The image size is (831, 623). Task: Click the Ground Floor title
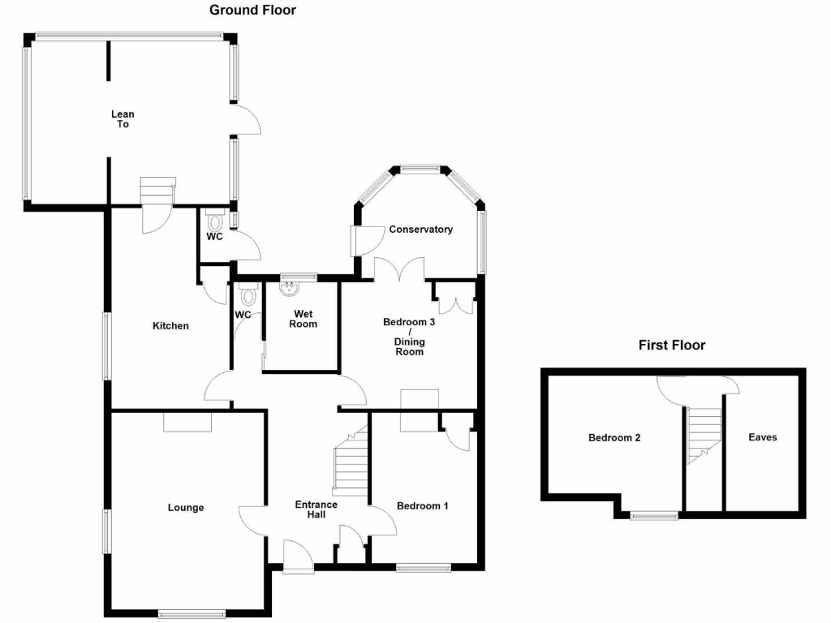pyautogui.click(x=252, y=11)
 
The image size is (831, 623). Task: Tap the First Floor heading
pyautogui.click(x=671, y=346)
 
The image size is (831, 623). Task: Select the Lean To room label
pyautogui.click(x=123, y=119)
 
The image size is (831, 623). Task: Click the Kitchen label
pyautogui.click(x=170, y=326)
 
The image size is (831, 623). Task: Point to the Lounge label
pyautogui.click(x=186, y=508)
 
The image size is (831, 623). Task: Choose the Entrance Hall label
pyautogui.click(x=316, y=509)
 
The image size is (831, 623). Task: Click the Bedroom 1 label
pyautogui.click(x=422, y=506)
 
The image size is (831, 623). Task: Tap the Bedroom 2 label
pyautogui.click(x=614, y=438)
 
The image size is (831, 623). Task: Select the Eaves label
pyautogui.click(x=762, y=438)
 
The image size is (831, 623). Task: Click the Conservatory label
pyautogui.click(x=420, y=230)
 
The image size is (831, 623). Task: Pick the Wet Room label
pyautogui.click(x=304, y=319)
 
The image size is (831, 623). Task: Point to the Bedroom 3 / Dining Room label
pyautogui.click(x=409, y=337)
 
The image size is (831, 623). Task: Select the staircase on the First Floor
pyautogui.click(x=703, y=434)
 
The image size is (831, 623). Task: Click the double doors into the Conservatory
pyautogui.click(x=399, y=270)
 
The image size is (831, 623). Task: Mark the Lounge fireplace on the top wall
pyautogui.click(x=187, y=422)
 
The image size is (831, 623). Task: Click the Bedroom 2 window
pyautogui.click(x=655, y=514)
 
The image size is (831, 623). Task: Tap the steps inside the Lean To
pyautogui.click(x=157, y=192)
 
